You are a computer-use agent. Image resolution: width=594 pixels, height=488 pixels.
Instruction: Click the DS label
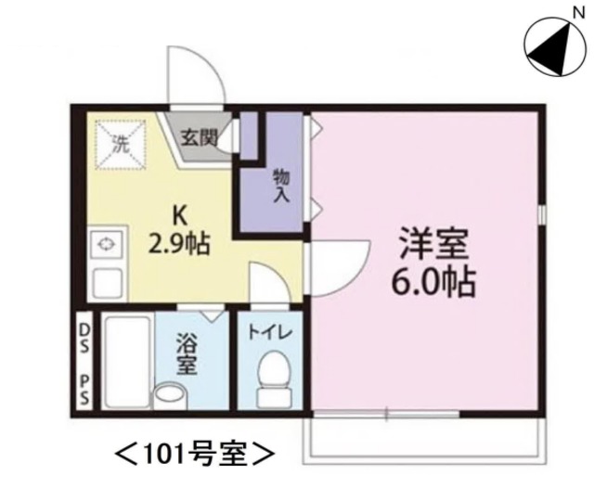(x=84, y=330)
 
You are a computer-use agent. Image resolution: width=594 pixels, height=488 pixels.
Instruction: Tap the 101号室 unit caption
(x=195, y=455)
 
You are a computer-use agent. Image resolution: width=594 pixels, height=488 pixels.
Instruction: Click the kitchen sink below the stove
(x=105, y=281)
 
